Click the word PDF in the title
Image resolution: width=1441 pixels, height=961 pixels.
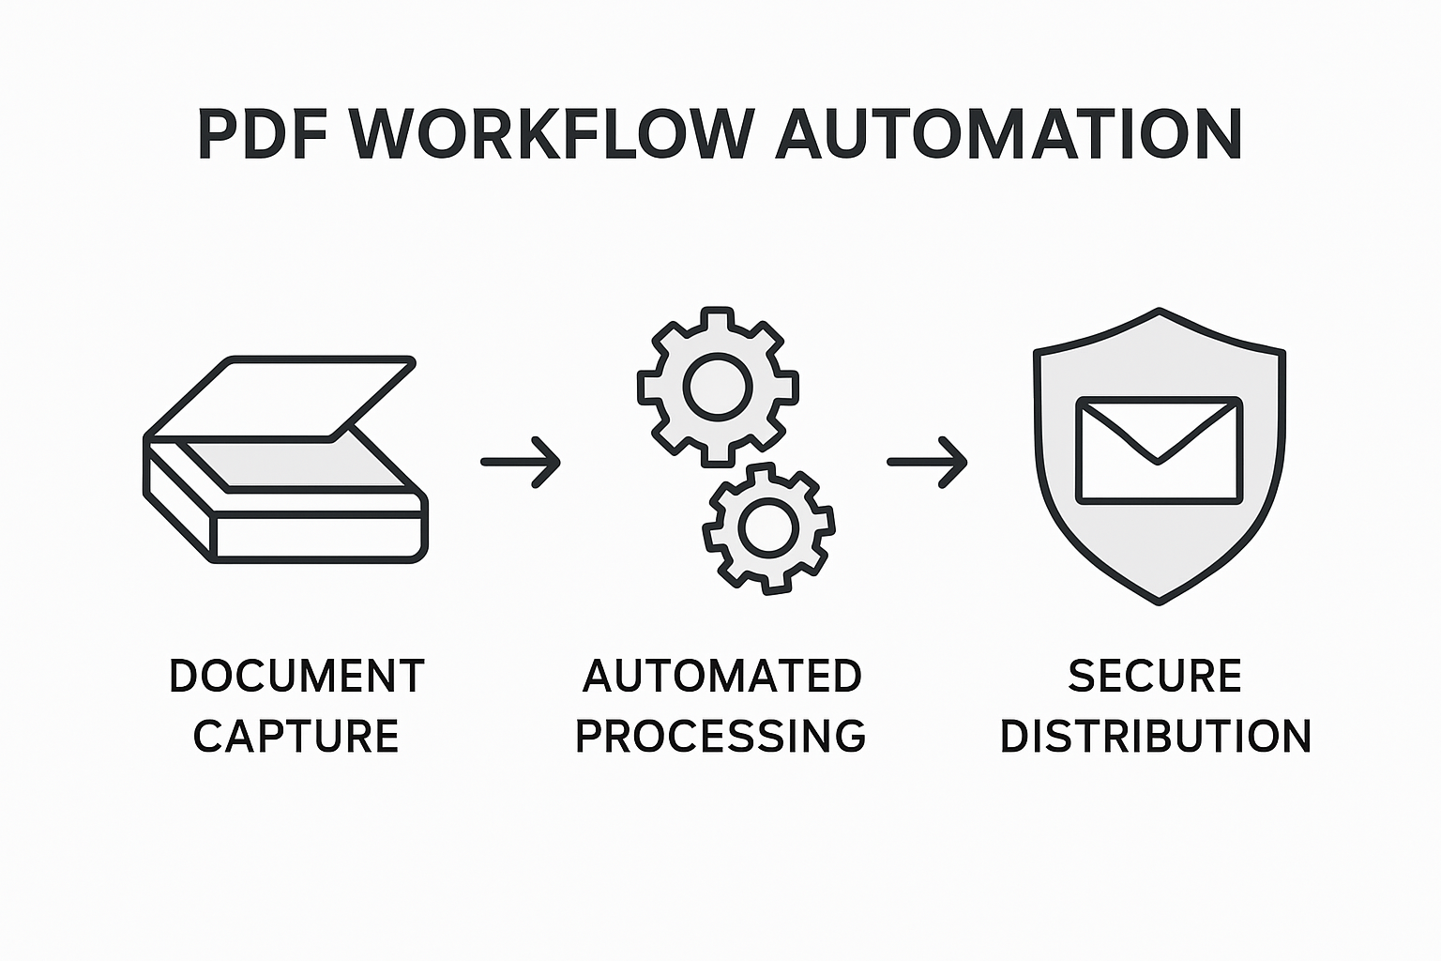263,134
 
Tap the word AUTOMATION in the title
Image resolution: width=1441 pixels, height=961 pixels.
1009,134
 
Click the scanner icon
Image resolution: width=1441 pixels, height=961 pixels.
285,460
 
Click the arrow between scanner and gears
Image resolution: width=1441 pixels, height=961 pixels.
521,461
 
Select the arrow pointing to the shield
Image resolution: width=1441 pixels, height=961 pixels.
927,461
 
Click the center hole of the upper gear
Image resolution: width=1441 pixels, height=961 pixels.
718,384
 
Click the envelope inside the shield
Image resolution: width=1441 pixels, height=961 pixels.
1159,450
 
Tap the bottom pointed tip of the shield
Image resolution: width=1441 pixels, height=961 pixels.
1160,599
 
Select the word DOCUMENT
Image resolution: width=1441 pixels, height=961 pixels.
296,677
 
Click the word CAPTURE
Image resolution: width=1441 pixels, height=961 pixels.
296,736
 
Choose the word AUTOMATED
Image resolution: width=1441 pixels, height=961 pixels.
721,677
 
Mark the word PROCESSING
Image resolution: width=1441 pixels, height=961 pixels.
720,736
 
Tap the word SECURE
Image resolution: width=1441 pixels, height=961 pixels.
1155,677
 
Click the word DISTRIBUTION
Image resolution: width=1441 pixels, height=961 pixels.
1155,736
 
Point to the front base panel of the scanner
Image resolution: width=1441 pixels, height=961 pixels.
319,537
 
